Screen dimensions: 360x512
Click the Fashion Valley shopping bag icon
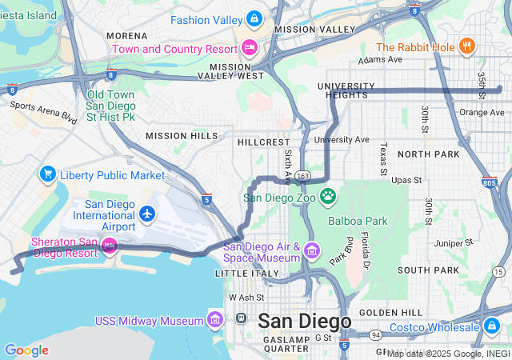click(254, 18)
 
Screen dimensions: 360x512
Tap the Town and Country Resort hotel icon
click(250, 47)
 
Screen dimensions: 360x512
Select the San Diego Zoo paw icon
click(328, 196)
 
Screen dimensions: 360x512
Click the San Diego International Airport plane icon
click(146, 214)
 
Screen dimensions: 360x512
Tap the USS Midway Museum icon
click(214, 321)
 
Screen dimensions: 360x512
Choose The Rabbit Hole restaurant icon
click(467, 46)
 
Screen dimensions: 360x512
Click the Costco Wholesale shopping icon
click(493, 326)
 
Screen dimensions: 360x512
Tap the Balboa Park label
click(357, 220)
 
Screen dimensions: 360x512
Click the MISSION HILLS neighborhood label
click(182, 136)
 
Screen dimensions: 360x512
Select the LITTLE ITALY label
click(247, 274)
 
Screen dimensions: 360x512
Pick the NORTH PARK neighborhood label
click(428, 154)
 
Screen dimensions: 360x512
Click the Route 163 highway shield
click(302, 174)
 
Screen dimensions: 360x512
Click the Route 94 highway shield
click(375, 335)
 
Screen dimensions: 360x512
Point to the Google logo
click(26, 350)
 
